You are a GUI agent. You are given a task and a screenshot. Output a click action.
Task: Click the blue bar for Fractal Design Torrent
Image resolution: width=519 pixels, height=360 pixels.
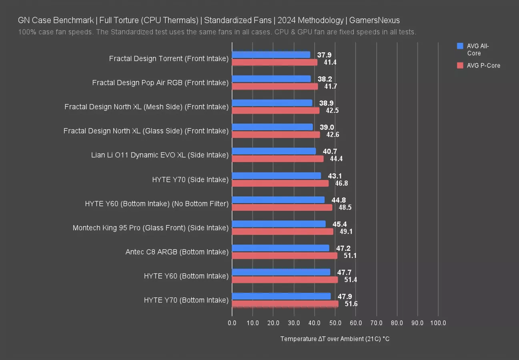271,55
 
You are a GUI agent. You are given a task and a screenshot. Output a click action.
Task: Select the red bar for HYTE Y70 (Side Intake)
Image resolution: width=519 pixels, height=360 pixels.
280,183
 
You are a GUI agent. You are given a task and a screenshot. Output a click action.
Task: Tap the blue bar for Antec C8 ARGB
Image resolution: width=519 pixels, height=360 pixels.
281,248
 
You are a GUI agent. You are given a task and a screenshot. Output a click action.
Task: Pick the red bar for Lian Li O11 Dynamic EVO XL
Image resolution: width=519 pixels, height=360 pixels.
278,159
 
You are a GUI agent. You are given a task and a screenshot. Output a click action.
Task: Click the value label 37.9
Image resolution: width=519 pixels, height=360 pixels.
324,55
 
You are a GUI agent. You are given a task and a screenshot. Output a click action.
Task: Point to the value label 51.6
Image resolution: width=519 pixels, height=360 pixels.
351,304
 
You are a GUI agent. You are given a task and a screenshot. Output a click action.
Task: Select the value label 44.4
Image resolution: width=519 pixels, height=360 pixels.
336,159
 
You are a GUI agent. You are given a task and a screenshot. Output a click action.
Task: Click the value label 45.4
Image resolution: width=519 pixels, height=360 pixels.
339,224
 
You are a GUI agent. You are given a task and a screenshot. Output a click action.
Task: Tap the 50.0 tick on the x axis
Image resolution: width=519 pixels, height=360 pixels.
335,323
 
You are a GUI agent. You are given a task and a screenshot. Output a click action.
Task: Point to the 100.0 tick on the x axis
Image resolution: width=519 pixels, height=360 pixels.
438,323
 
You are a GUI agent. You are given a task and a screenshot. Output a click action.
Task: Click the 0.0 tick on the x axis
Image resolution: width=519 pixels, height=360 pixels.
232,323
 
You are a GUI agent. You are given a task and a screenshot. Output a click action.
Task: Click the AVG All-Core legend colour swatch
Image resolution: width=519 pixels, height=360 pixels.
460,46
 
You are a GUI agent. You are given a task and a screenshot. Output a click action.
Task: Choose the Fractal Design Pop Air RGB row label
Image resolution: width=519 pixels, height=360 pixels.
160,83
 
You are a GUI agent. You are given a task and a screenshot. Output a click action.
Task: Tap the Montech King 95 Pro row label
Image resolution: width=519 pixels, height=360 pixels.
150,228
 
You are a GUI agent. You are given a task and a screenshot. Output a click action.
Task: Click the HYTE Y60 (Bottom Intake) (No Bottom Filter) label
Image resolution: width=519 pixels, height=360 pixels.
156,204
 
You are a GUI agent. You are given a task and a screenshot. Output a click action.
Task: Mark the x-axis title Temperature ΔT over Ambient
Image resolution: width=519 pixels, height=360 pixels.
335,339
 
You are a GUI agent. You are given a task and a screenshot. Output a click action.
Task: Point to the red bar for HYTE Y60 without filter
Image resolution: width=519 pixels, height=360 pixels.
282,207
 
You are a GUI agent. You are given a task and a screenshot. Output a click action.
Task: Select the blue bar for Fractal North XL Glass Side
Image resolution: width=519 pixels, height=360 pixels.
272,127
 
